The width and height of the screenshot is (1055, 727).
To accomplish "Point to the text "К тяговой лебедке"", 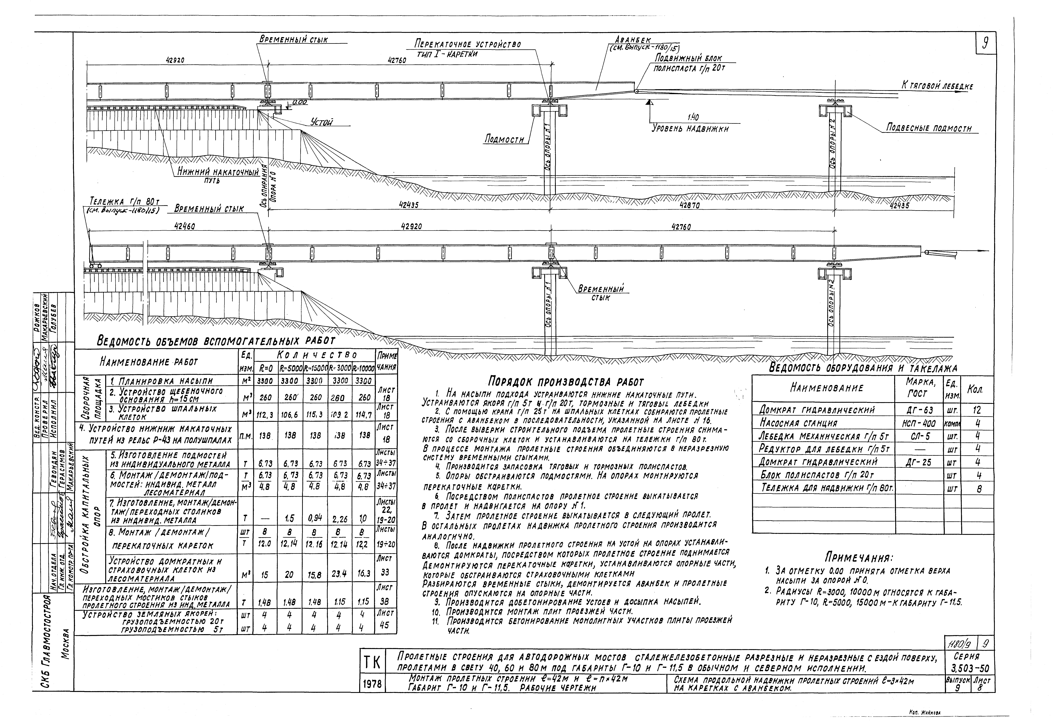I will pos(937,86).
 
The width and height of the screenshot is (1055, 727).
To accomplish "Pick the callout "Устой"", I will pos(322,122).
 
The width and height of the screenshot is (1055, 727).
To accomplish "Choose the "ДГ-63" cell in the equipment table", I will pos(917,410).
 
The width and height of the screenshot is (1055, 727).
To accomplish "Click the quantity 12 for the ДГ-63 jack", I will pos(977,410).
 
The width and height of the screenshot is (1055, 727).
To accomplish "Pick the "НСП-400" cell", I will pos(917,423).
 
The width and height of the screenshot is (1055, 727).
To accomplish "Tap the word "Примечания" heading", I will pos(859,557).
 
